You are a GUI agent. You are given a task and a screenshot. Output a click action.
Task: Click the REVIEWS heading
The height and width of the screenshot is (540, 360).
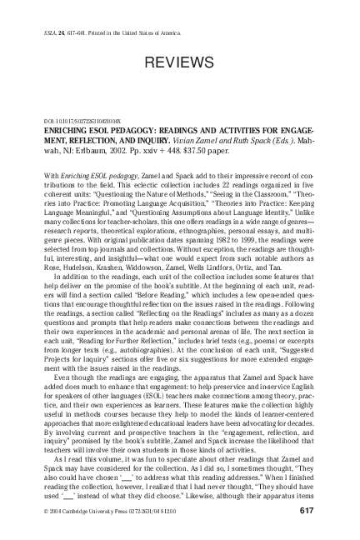[179, 63]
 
